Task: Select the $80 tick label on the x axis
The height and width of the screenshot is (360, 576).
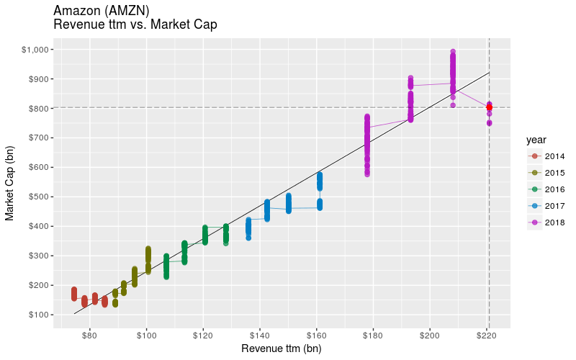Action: pos(90,336)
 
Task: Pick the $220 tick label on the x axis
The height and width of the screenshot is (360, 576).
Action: pos(487,336)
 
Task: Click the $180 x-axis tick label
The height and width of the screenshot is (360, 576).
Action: pos(373,336)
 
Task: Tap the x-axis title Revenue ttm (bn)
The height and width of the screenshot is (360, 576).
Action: pos(281,349)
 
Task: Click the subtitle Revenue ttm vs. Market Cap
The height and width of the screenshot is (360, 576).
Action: pos(135,24)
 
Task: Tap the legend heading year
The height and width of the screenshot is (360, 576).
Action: pos(536,139)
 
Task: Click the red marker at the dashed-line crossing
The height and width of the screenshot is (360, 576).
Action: pos(489,107)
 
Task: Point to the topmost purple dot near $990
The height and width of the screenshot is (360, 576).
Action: pos(453,52)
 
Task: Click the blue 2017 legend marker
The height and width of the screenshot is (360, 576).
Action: pos(534,206)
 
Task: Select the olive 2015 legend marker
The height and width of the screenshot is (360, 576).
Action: pos(534,173)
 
